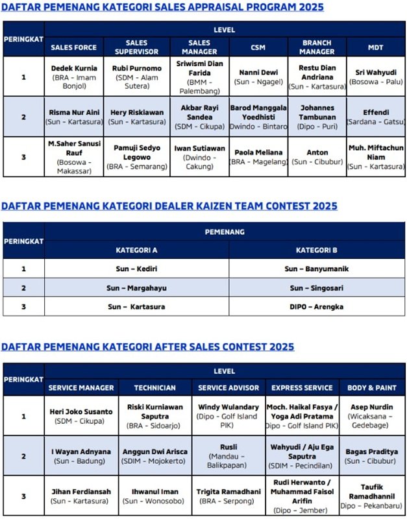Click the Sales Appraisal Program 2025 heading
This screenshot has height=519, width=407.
coord(162,7)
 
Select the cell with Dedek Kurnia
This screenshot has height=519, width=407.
coord(74,77)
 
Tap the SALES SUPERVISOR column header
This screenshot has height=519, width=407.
coord(136,47)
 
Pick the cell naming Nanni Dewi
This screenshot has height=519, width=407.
coord(258,77)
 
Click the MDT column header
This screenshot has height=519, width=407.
coord(375,47)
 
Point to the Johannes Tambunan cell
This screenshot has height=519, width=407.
coord(317,116)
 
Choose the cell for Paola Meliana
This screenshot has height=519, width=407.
coord(258,156)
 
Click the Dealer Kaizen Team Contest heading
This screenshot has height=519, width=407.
coord(169,206)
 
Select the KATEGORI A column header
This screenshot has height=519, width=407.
coord(136,250)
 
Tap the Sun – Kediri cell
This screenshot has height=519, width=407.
coord(136,269)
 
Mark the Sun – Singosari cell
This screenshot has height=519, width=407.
coord(316,287)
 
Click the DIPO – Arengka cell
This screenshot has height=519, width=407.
coord(316,306)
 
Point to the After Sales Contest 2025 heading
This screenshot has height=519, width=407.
coord(147,346)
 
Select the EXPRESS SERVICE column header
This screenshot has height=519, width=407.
coord(302,387)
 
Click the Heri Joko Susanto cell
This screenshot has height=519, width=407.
coord(81,416)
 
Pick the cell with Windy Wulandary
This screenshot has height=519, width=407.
coord(227,416)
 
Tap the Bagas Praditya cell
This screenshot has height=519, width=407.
coord(372,456)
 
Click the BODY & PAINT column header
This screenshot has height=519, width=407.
coord(372,387)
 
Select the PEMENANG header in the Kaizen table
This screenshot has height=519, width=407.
coord(225,231)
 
